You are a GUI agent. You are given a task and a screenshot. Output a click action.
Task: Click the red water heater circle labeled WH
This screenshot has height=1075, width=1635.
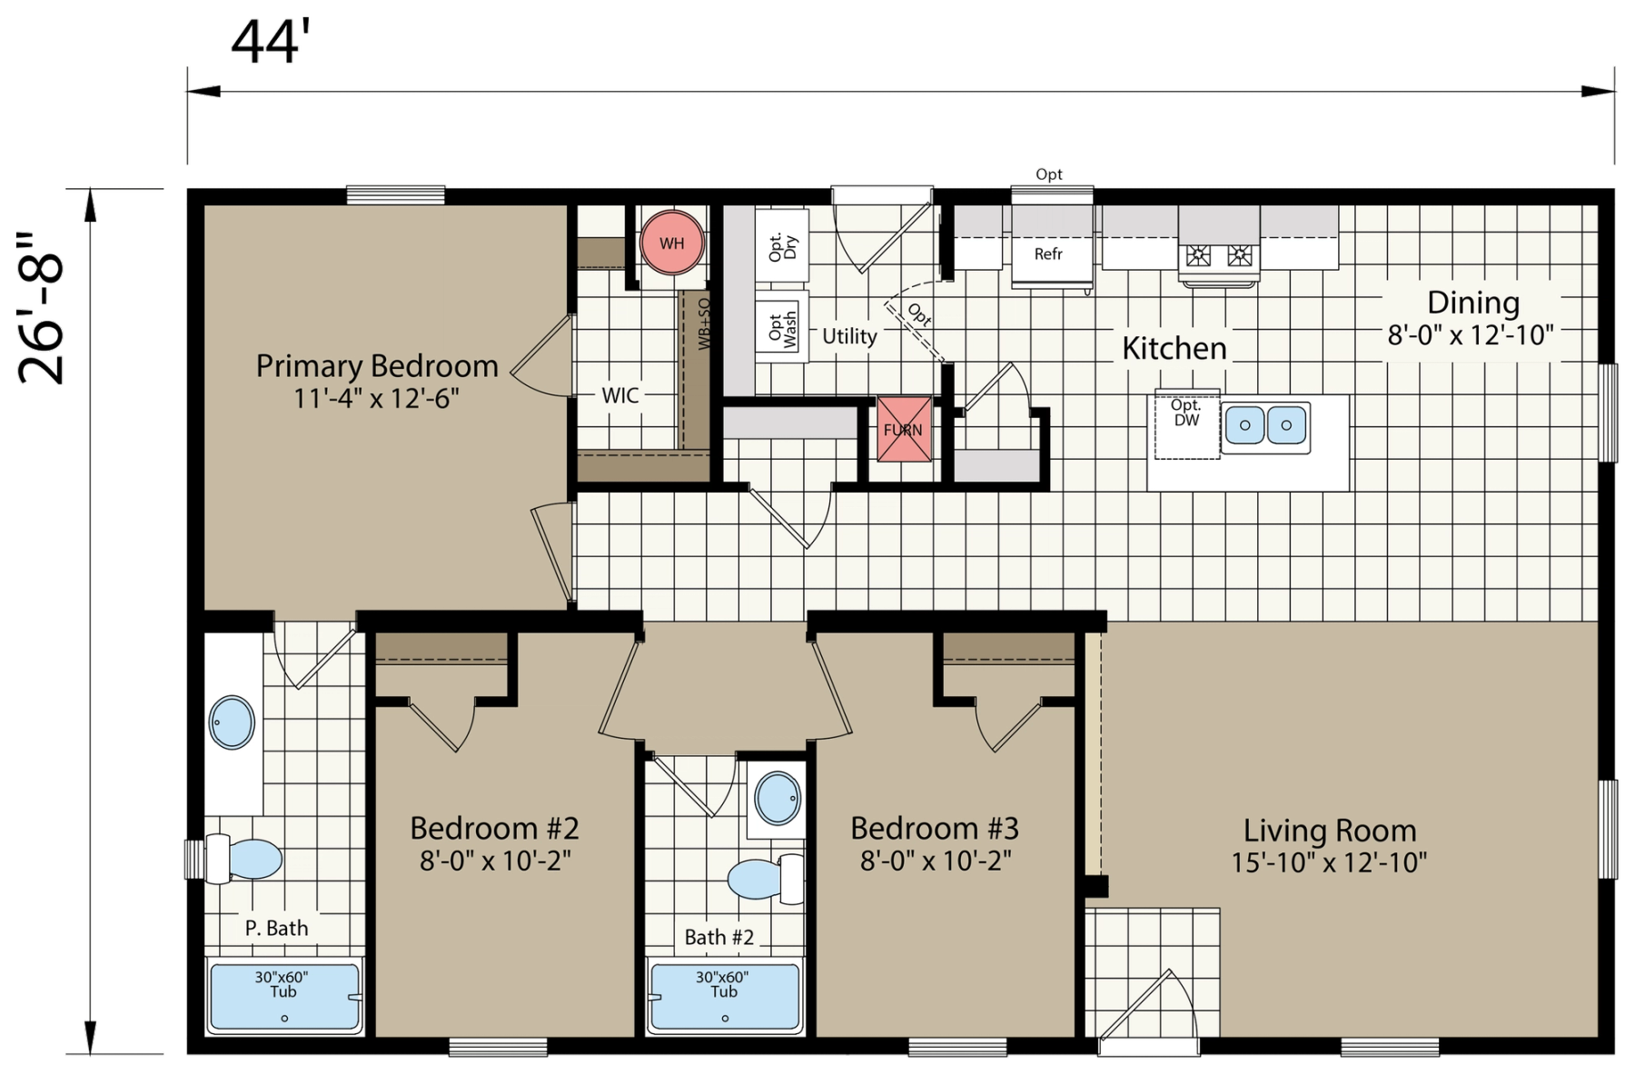(x=672, y=243)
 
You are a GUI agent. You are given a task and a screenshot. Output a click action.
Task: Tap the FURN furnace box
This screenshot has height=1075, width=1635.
(x=904, y=429)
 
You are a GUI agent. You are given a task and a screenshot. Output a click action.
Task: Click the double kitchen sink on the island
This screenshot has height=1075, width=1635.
(x=1265, y=425)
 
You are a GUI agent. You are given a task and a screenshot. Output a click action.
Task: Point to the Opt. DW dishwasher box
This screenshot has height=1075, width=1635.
(x=1186, y=426)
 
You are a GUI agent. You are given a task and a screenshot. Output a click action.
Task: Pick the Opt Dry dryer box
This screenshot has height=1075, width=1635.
(x=782, y=246)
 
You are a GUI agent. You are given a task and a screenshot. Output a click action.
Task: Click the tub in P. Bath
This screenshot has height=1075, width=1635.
(x=284, y=997)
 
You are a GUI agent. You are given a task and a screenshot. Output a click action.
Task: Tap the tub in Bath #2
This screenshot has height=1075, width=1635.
(x=724, y=997)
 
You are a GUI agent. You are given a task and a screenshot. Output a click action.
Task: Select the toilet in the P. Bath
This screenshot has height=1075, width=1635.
(x=243, y=859)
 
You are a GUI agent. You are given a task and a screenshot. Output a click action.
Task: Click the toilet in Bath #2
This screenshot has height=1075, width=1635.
(x=766, y=879)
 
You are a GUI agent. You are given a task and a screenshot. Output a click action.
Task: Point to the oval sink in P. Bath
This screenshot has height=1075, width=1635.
(x=232, y=722)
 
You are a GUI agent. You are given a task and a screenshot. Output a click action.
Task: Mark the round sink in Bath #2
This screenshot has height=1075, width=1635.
(x=778, y=798)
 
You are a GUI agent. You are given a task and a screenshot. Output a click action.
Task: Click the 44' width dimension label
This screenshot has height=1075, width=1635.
(x=271, y=42)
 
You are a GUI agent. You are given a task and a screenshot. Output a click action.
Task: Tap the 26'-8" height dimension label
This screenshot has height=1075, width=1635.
(x=43, y=308)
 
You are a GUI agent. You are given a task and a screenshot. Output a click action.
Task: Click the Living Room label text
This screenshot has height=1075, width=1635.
(x=1330, y=831)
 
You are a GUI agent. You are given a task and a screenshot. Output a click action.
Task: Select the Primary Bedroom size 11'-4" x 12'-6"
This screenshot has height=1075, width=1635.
(x=376, y=398)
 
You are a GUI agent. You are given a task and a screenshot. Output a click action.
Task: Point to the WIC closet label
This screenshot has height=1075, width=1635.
(x=620, y=395)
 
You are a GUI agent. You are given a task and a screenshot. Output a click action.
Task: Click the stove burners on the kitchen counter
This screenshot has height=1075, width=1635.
(x=1219, y=255)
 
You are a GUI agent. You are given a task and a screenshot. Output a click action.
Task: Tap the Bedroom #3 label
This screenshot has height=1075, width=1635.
(x=935, y=828)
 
